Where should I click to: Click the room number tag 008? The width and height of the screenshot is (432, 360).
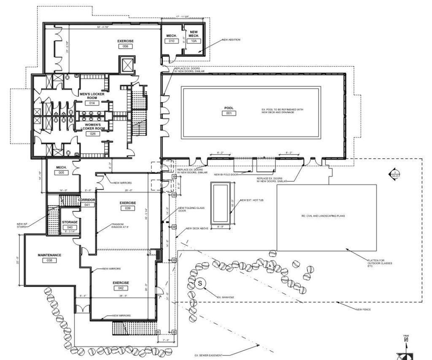click(125, 47)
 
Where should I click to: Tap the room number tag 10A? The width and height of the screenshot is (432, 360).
click(194, 41)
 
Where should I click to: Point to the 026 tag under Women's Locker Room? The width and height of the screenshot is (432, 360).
click(92, 134)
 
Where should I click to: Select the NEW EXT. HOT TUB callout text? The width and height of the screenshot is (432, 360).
click(251, 200)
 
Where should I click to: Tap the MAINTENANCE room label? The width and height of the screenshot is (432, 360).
click(49, 255)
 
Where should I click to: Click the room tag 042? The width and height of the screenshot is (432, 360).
click(120, 288)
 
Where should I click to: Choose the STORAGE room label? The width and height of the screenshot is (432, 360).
click(69, 222)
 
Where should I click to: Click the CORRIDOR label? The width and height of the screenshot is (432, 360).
click(87, 200)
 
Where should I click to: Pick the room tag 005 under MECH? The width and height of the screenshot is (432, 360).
click(62, 173)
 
